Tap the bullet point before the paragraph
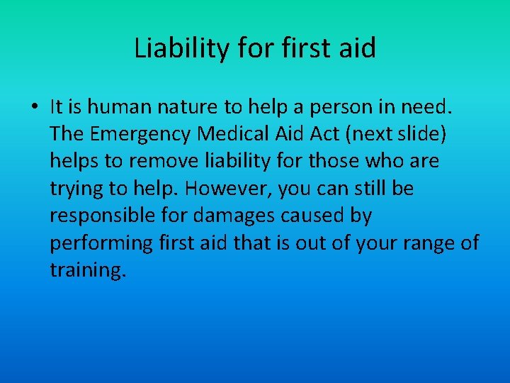coord(34,108)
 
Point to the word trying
coord(73,189)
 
